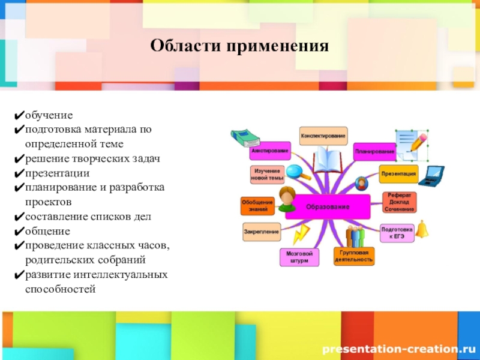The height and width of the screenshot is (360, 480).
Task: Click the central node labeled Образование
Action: (x=328, y=207)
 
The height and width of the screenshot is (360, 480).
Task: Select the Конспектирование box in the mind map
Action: (x=323, y=136)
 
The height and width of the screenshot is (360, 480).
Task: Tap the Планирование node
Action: (x=374, y=151)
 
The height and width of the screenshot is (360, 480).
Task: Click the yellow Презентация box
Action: (x=398, y=174)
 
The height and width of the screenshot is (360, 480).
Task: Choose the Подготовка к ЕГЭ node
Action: (x=397, y=233)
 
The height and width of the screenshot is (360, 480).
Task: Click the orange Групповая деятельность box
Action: (x=353, y=257)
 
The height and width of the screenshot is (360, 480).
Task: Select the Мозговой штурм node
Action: (x=299, y=257)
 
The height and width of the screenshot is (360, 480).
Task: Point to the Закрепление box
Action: (x=262, y=232)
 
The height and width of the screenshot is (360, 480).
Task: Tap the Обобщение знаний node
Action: (x=257, y=206)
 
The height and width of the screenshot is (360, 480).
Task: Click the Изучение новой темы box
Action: (x=267, y=175)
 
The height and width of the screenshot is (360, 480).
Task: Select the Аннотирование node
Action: (x=270, y=151)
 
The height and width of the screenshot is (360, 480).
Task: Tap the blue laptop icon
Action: (x=431, y=176)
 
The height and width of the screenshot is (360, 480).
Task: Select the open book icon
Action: (x=328, y=160)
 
